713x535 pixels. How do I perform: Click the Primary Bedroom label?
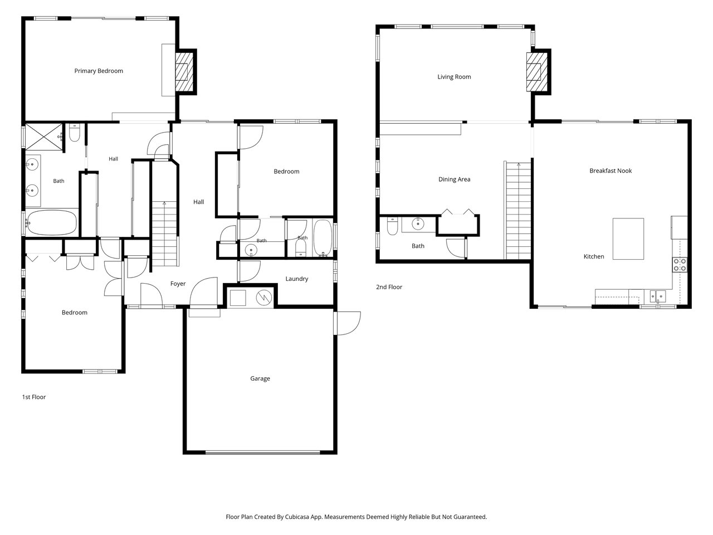(x=99, y=71)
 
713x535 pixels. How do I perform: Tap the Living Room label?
(x=454, y=77)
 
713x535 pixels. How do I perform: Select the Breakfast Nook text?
(x=611, y=171)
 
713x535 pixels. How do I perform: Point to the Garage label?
(x=260, y=378)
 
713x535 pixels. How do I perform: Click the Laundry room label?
(x=297, y=279)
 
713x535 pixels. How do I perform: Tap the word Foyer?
(x=178, y=284)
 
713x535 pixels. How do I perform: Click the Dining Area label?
(x=454, y=179)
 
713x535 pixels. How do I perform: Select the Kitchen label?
(x=594, y=256)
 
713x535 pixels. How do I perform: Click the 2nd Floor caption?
(x=389, y=287)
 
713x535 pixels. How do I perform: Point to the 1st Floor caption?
(x=34, y=397)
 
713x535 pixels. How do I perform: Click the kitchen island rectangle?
(x=628, y=239)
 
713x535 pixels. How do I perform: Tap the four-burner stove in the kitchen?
(x=680, y=265)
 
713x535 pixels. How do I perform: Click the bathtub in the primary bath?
(x=51, y=222)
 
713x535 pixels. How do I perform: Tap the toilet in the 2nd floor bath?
(x=392, y=226)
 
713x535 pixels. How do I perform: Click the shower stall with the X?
(x=44, y=137)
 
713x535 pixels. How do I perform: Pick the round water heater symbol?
(x=264, y=297)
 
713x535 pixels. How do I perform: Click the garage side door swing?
(x=348, y=323)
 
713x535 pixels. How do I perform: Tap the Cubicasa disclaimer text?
(x=356, y=517)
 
